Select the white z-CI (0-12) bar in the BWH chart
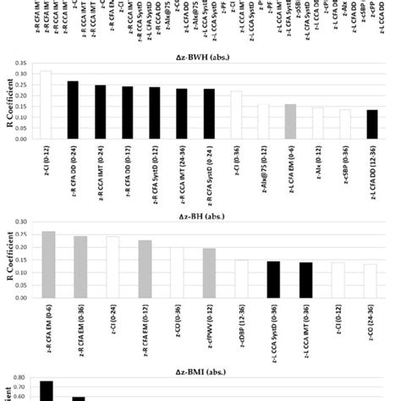(x=46, y=106)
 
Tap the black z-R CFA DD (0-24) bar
(x=73, y=110)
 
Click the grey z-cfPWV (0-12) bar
(x=209, y=268)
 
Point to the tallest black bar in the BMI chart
(x=47, y=390)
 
